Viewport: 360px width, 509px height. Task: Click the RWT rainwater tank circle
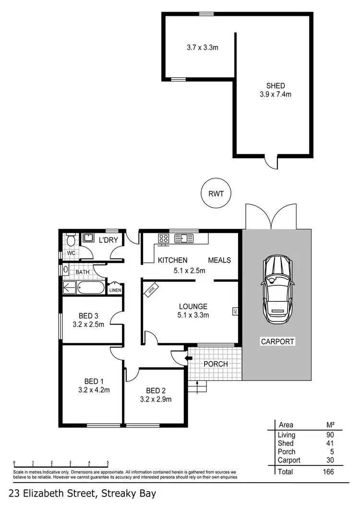[216, 193]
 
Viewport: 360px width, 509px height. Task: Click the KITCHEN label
[172, 260]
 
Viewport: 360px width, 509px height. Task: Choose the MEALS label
[219, 260]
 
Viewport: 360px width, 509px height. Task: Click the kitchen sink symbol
[183, 237]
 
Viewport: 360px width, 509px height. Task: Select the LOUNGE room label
[193, 306]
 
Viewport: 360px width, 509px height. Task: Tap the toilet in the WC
[71, 238]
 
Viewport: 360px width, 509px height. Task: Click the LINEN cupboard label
[115, 290]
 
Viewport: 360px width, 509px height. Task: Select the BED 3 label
[88, 316]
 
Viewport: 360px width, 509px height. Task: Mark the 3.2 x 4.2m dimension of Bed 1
[94, 390]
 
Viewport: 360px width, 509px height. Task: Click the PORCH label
[216, 364]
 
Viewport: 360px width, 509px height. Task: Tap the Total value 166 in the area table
[328, 472]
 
